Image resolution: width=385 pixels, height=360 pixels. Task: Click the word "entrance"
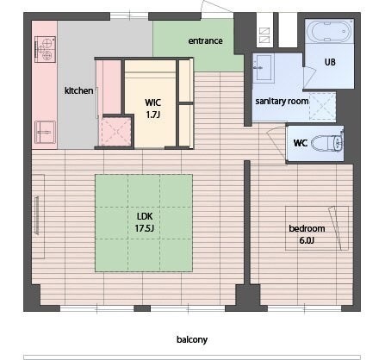[205, 41]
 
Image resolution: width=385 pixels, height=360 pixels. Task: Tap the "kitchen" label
[78, 90]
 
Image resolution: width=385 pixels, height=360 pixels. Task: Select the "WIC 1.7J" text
[152, 109]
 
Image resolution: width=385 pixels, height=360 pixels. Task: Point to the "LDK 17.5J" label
[145, 222]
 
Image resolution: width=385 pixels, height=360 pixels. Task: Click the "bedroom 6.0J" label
[307, 234]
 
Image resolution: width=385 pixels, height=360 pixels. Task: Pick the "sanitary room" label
[282, 101]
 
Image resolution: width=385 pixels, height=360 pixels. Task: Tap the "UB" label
[330, 62]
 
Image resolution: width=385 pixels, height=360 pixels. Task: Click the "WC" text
[301, 143]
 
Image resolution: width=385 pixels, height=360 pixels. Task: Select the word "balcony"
[192, 339]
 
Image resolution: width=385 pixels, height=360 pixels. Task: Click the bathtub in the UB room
[329, 31]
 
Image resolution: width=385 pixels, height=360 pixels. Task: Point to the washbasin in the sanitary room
[264, 68]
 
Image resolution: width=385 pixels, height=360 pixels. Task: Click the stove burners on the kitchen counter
[45, 49]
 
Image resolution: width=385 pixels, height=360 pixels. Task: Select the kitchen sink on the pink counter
[45, 132]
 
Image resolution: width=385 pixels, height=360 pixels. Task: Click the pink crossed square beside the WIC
[115, 132]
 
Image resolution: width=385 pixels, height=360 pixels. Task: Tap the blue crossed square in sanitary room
[322, 106]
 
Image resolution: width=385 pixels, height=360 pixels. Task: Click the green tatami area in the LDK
[144, 223]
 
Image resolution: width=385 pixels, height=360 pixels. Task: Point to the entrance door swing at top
[216, 6]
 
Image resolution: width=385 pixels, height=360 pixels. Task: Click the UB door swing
[309, 77]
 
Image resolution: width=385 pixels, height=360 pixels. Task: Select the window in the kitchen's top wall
[129, 16]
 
